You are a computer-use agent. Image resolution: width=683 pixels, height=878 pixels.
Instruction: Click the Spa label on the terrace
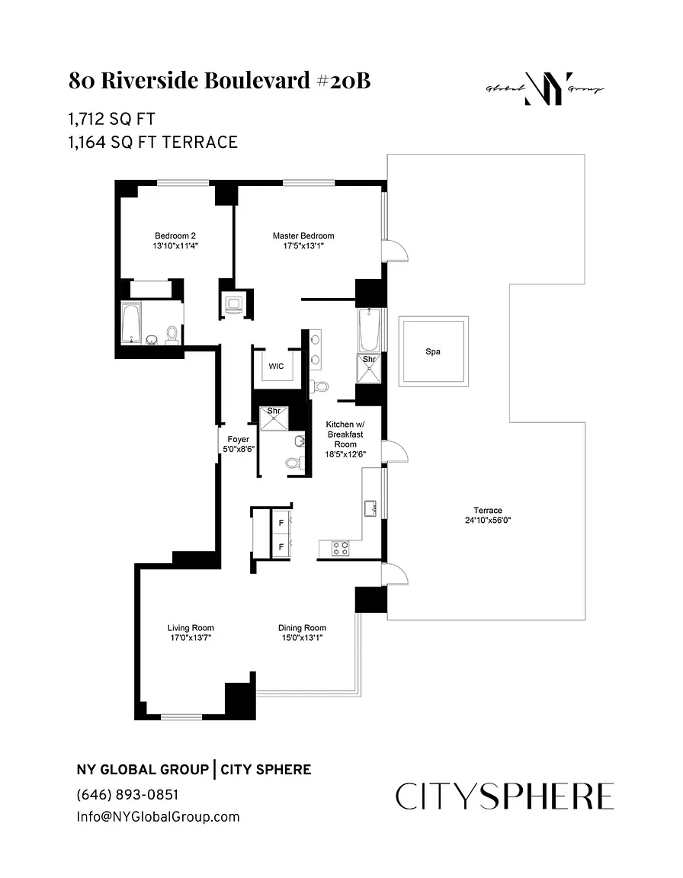tap(433, 352)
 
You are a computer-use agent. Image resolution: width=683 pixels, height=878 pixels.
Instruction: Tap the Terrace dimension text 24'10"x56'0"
tap(488, 521)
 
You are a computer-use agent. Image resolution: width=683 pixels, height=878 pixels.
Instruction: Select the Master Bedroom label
tap(303, 236)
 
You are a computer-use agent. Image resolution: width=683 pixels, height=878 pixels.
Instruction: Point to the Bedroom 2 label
tap(176, 236)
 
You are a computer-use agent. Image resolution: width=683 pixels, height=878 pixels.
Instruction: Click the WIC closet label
tap(276, 366)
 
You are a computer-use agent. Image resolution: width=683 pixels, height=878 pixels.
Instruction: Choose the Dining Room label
tap(302, 628)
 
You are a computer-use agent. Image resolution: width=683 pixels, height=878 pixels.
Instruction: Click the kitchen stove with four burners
tap(339, 546)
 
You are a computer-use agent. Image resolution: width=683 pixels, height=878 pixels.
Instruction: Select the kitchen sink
tap(370, 508)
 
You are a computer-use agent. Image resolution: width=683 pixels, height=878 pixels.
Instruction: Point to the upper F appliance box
tap(281, 524)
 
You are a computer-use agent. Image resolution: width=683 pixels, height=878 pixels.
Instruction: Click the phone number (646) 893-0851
tap(127, 794)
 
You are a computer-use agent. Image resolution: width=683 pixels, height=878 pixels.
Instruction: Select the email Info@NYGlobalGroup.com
tap(158, 816)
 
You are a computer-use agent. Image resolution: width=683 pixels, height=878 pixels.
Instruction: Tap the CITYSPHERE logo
tap(505, 796)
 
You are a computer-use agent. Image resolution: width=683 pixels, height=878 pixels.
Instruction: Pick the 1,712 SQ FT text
tap(116, 119)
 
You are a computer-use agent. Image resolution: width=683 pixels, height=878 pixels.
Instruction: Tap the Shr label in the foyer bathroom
tap(274, 412)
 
